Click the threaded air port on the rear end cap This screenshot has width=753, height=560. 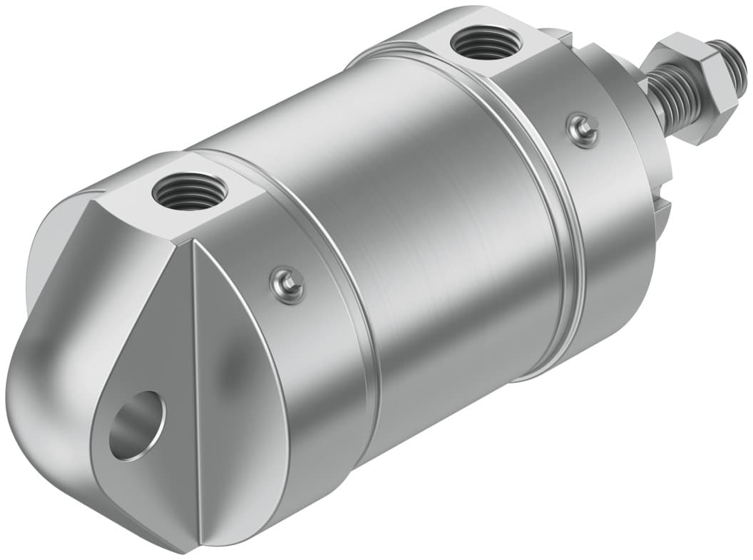(190, 191)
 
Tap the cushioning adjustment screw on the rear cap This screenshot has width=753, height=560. (288, 284)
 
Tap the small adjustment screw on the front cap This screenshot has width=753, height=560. (583, 130)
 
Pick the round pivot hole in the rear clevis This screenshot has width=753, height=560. (136, 425)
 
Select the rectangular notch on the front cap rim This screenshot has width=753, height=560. (662, 207)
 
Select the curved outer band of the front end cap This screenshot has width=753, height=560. (613, 235)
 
